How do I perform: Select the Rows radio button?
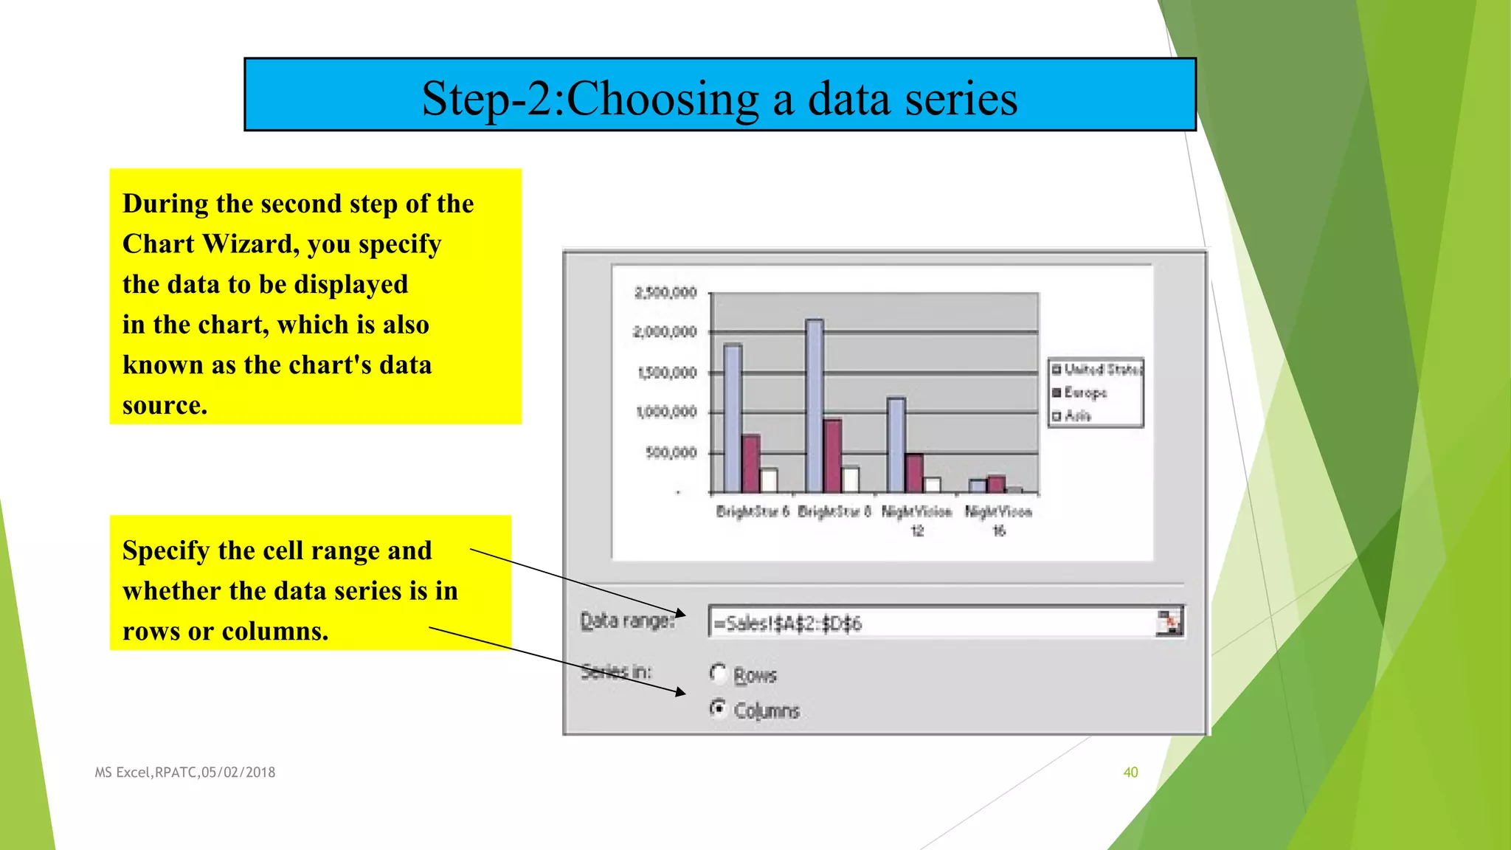click(718, 673)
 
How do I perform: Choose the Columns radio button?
click(718, 708)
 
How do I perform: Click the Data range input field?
click(930, 623)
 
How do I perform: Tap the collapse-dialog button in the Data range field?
click(1169, 623)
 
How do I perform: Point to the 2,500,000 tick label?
click(665, 293)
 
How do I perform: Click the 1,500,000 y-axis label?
click(666, 373)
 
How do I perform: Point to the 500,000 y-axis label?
click(671, 452)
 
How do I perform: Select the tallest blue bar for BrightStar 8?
click(815, 406)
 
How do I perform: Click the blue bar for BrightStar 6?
click(733, 418)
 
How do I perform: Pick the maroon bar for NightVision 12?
click(914, 473)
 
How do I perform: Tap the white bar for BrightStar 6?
click(769, 480)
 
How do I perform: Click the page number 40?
click(1130, 773)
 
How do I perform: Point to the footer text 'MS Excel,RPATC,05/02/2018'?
click(185, 773)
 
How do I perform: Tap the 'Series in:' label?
click(616, 671)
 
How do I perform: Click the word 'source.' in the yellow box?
click(165, 405)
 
